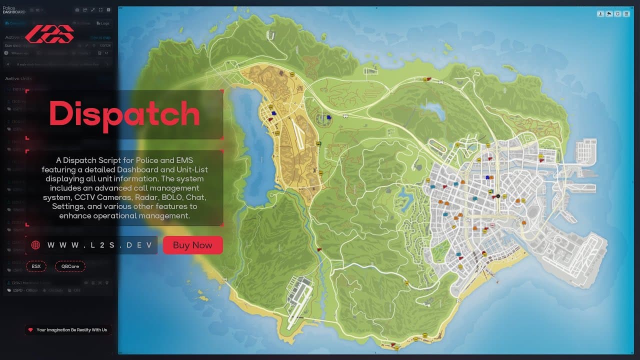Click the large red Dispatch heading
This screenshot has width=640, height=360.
124,114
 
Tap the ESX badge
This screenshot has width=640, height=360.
36,266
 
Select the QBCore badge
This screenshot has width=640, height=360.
70,266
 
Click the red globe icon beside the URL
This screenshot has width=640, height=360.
35,245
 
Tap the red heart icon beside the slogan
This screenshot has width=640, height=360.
30,330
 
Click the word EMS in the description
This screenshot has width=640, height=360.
182,160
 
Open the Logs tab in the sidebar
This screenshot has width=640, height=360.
103,23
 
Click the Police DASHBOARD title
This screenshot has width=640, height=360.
14,10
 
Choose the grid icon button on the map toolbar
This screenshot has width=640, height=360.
626,14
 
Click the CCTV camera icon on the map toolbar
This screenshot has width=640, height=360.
609,14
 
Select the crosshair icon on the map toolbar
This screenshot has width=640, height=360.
618,14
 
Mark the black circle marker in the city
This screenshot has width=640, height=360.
497,195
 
